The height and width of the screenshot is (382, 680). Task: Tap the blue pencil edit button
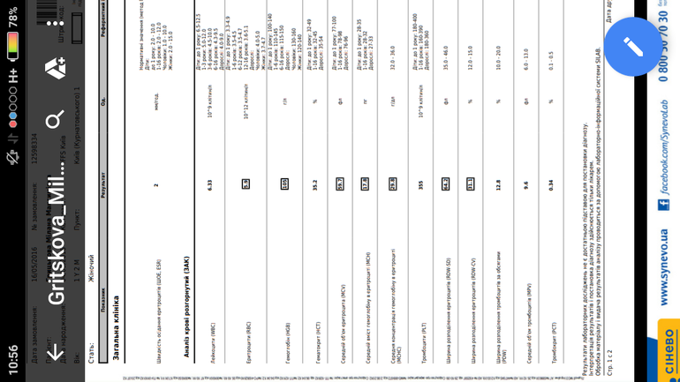pyautogui.click(x=633, y=46)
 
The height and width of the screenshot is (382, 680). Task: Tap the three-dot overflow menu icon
pyautogui.click(x=55, y=24)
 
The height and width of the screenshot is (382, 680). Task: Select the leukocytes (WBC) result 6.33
pyautogui.click(x=209, y=185)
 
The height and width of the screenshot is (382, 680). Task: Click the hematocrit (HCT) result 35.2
pyautogui.click(x=314, y=185)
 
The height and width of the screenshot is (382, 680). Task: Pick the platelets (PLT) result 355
pyautogui.click(x=421, y=185)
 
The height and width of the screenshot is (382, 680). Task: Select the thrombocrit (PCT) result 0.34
pyautogui.click(x=552, y=185)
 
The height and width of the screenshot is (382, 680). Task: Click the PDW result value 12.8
pyautogui.click(x=498, y=185)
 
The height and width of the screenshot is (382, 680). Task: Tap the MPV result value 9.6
pyautogui.click(x=525, y=185)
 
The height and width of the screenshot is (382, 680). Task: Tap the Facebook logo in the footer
pyautogui.click(x=664, y=205)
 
